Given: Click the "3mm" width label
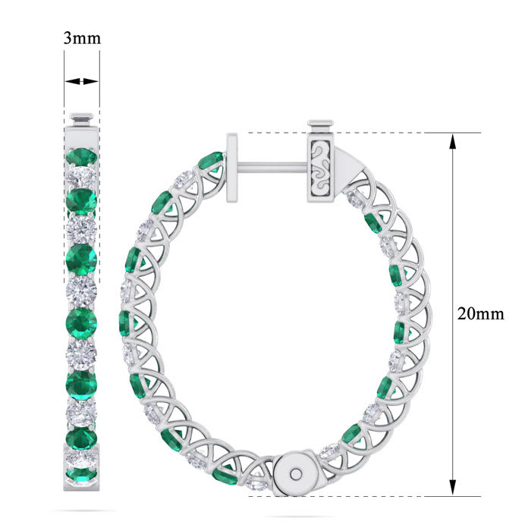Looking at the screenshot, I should pyautogui.click(x=82, y=39).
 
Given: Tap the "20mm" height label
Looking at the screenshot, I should pyautogui.click(x=479, y=313).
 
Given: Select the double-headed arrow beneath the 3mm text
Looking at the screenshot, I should pyautogui.click(x=82, y=81).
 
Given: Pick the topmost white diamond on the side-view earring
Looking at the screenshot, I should pyautogui.click(x=82, y=178).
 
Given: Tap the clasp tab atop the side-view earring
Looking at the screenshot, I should pyautogui.click(x=82, y=119).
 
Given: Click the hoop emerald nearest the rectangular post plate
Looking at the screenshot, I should pyautogui.click(x=211, y=162).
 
